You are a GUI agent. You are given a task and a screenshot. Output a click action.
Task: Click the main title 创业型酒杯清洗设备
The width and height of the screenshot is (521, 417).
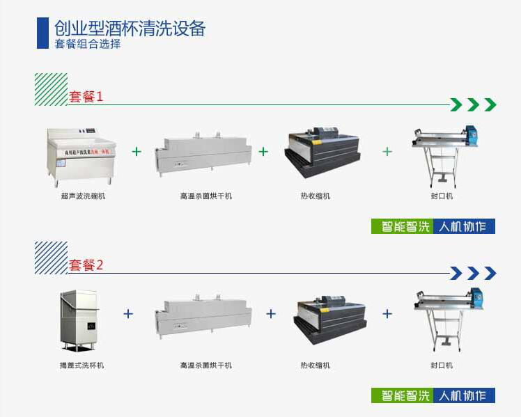pyautogui.click(x=130, y=29)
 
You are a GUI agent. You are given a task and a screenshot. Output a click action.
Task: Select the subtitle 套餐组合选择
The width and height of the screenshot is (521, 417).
pyautogui.click(x=88, y=44)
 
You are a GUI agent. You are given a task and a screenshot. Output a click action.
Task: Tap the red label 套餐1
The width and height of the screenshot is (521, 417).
pyautogui.click(x=86, y=97)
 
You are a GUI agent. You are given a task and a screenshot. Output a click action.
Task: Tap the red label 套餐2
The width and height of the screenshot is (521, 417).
pyautogui.click(x=86, y=265)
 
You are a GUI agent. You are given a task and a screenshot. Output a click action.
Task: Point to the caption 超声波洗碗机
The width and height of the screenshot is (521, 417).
pyautogui.click(x=83, y=196)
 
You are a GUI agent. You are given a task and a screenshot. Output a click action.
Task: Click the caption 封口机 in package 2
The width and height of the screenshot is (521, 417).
pyautogui.click(x=442, y=365)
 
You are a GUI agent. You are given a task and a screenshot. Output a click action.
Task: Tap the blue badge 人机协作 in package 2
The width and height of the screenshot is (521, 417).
pyautogui.click(x=463, y=395)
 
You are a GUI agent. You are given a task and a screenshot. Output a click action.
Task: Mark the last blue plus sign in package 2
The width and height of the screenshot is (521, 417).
pyautogui.click(x=387, y=314)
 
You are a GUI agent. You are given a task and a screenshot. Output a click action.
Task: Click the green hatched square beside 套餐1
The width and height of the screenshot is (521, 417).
pyautogui.click(x=51, y=89)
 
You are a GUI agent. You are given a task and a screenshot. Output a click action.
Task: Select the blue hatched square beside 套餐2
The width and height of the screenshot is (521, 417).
pyautogui.click(x=51, y=258)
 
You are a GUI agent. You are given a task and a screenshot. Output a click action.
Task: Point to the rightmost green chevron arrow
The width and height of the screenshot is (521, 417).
pyautogui.click(x=490, y=105)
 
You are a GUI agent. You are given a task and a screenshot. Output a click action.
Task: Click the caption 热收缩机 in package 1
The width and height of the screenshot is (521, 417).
pyautogui.click(x=316, y=196)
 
